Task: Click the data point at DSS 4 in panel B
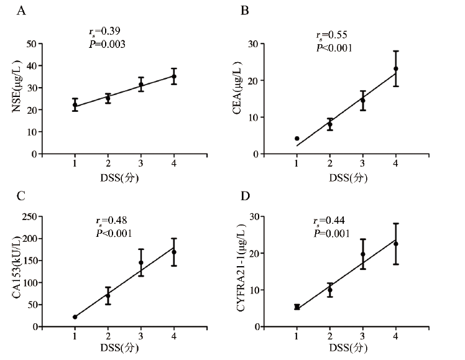point(395,68)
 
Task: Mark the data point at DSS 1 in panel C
point(75,316)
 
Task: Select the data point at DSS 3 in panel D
point(362,254)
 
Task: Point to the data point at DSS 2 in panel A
point(108,98)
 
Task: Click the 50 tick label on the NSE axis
point(30,44)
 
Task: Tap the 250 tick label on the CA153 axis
point(28,216)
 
